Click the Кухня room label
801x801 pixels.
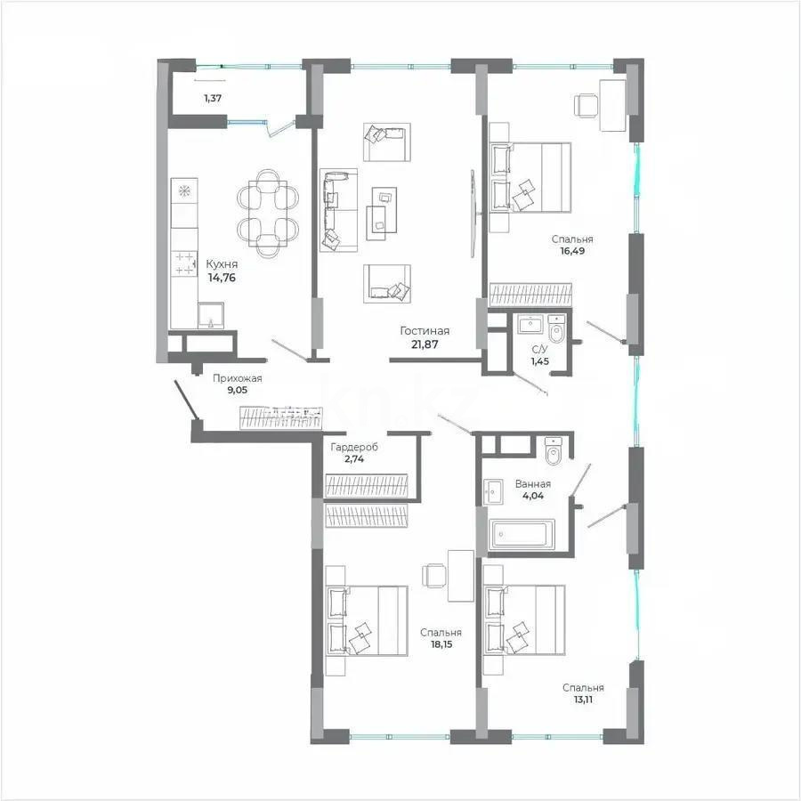point(221,264)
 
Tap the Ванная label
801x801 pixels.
point(532,484)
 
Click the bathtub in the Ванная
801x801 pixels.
point(522,535)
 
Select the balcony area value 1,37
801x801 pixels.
point(213,98)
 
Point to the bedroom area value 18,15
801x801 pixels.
point(441,645)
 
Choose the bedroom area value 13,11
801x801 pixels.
point(583,700)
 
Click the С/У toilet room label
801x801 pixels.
point(539,350)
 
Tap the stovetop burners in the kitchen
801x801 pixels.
point(184,262)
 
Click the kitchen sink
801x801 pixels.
point(211,314)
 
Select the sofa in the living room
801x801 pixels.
point(338,206)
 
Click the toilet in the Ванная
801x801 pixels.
point(551,451)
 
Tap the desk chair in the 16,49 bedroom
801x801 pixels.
point(587,104)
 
